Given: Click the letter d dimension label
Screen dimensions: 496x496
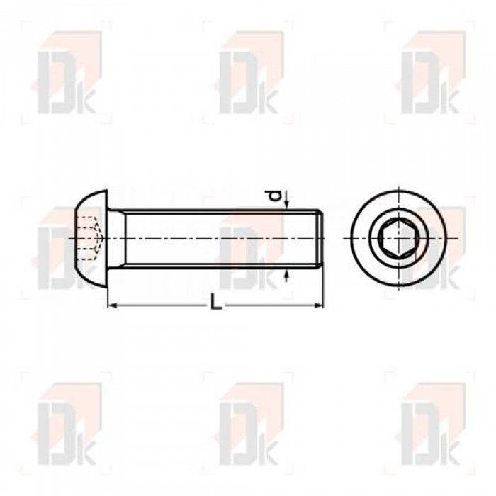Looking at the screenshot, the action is point(276,196).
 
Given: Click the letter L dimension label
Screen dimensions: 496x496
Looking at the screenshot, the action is point(215,301).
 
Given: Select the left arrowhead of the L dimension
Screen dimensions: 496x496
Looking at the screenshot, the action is point(113,305).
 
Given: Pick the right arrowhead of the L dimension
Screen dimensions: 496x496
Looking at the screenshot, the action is point(319,305).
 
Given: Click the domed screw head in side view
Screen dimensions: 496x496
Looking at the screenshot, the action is point(91,239).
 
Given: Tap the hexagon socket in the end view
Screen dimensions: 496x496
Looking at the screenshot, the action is point(398,239).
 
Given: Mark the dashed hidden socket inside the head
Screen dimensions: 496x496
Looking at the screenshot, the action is point(89,239).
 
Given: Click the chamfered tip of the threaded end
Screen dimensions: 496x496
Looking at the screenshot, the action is point(320,239).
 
